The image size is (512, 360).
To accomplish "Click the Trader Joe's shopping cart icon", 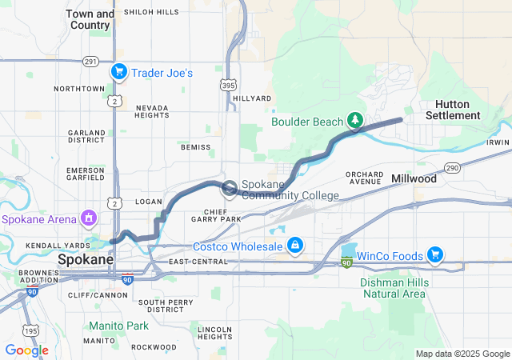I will [x=118, y=72].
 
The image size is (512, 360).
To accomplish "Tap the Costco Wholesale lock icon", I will [x=294, y=244].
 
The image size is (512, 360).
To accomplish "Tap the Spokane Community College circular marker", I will [x=229, y=189].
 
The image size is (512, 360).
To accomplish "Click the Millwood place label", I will [x=414, y=179].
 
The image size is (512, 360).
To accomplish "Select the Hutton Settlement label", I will [x=458, y=110].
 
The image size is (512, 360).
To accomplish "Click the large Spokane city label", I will [x=86, y=260].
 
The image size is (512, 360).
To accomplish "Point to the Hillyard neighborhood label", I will [x=246, y=98].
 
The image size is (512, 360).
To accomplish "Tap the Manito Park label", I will [x=118, y=326].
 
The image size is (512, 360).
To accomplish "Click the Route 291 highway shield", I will [x=90, y=61].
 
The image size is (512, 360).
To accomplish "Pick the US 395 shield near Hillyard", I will [x=229, y=83].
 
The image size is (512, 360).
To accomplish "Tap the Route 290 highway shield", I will [x=452, y=167].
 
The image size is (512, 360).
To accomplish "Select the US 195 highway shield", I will [x=31, y=330].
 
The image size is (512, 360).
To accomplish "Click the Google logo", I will [x=26, y=350].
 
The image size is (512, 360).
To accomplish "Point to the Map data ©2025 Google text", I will [x=462, y=354].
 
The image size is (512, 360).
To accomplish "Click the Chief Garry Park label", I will [x=217, y=214].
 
